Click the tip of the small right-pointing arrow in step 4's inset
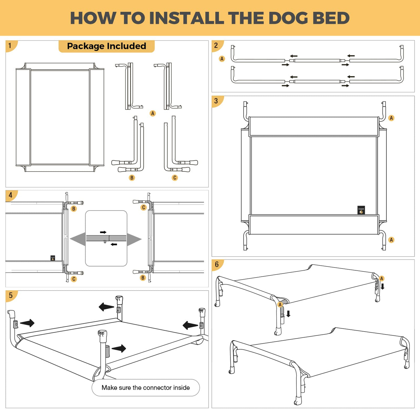[x=106, y=232]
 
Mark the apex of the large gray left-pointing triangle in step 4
[x=70, y=239]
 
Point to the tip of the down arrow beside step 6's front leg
[x=288, y=317]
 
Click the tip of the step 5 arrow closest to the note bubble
[x=126, y=348]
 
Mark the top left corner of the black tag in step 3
[x=358, y=206]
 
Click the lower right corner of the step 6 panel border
[x=414, y=408]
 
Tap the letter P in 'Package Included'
[x=70, y=46]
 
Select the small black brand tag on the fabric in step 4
[x=53, y=258]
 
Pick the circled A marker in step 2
[x=222, y=59]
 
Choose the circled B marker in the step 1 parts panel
[x=132, y=178]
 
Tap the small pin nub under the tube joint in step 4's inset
[x=105, y=242]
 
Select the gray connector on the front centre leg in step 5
[x=107, y=351]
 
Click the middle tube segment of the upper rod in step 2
[x=317, y=61]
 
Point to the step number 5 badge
[x=11, y=295]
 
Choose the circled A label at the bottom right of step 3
[x=391, y=240]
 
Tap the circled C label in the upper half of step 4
[x=143, y=208]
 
